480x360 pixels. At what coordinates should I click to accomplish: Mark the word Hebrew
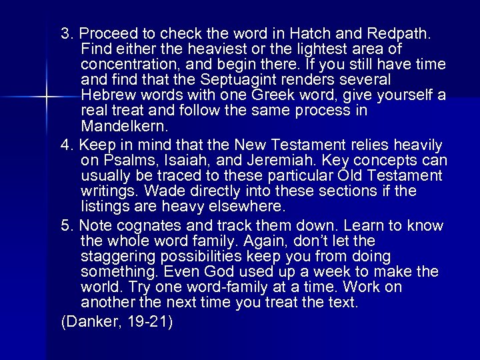[107, 95]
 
